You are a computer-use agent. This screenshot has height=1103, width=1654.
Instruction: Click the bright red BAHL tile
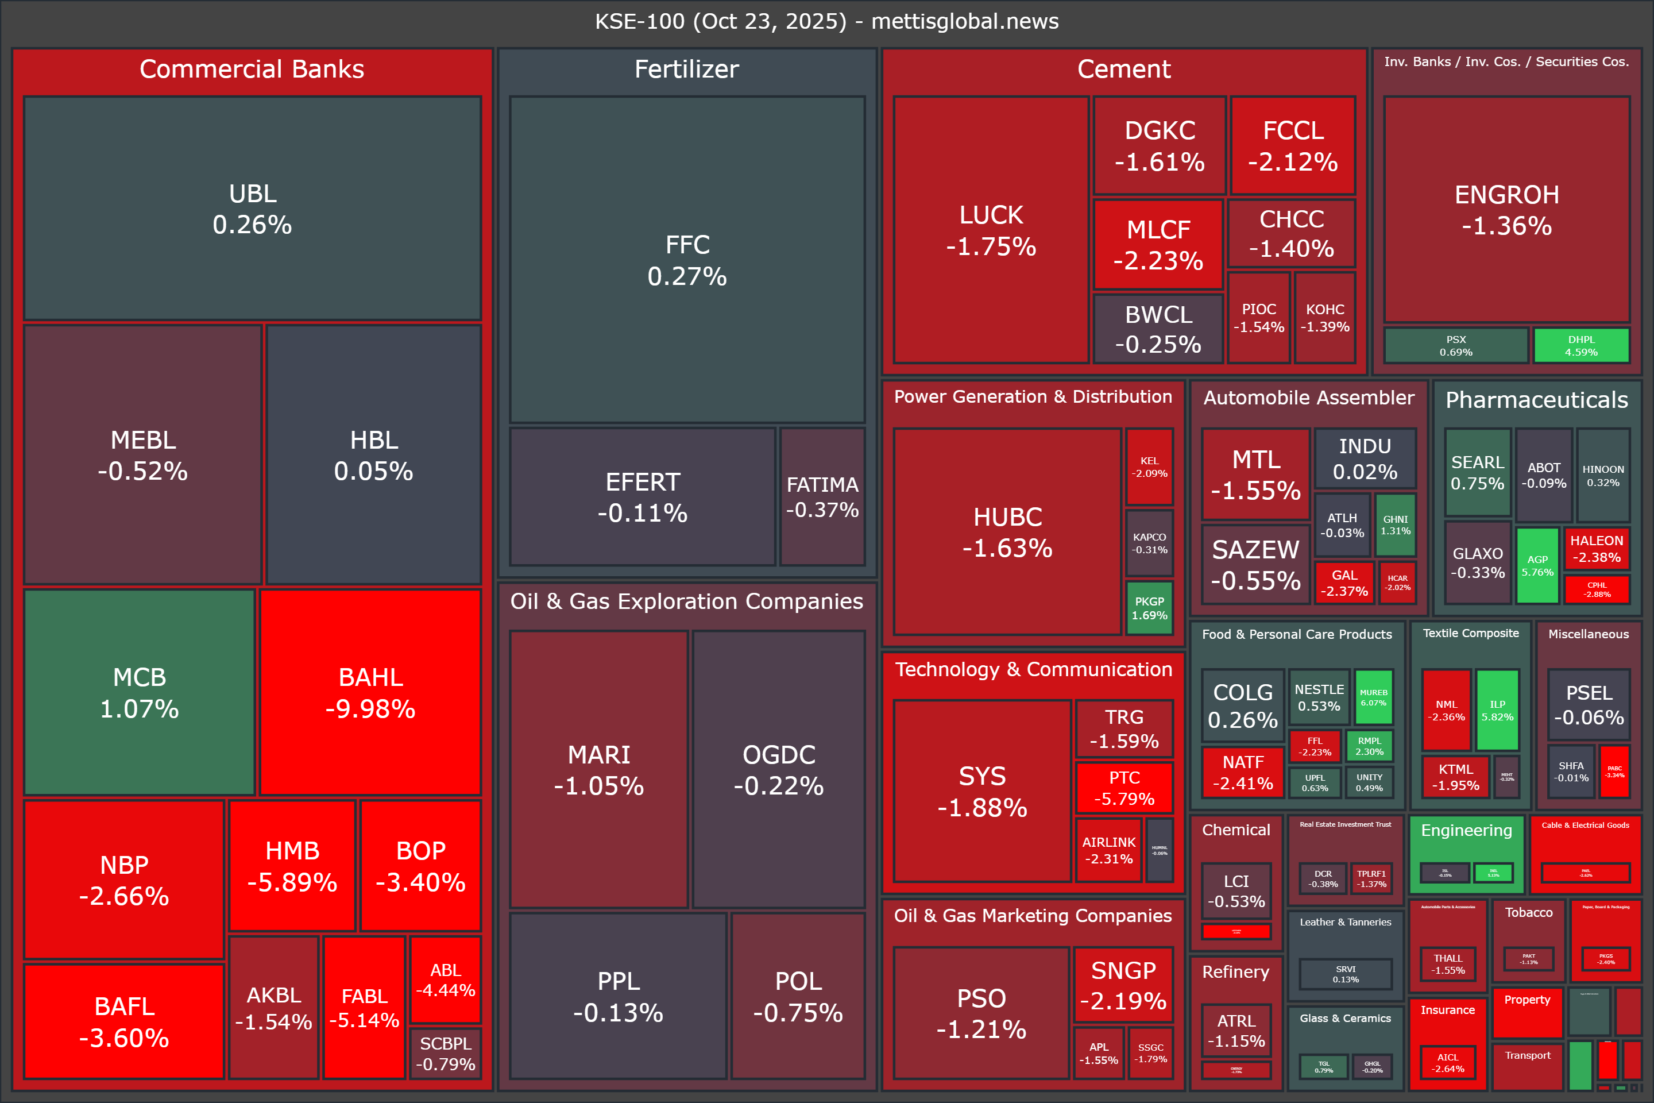[370, 692]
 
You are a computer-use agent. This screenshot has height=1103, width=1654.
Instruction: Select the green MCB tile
[139, 692]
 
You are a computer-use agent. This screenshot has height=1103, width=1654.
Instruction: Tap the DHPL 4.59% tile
[1581, 345]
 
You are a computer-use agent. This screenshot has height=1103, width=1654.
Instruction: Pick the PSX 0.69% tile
[1456, 345]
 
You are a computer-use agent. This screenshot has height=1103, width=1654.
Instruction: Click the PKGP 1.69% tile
[1149, 608]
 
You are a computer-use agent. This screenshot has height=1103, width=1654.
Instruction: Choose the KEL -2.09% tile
[1149, 466]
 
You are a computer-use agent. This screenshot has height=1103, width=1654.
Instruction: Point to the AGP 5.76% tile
[1537, 565]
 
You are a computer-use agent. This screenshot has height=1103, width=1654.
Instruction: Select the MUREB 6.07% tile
[1373, 697]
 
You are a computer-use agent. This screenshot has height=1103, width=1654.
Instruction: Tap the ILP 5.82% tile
[1497, 710]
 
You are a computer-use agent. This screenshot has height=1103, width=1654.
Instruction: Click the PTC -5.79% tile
[1124, 788]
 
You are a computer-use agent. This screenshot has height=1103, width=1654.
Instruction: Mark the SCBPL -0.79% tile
[445, 1053]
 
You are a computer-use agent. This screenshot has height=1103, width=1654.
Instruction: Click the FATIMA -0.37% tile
[822, 496]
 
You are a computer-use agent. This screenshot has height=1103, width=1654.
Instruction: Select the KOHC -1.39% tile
[1325, 318]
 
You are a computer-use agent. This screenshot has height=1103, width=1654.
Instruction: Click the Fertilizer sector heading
[686, 69]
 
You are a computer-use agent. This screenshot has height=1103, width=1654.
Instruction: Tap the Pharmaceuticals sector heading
[1537, 400]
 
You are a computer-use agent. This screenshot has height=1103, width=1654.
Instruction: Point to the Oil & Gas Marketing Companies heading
[1033, 915]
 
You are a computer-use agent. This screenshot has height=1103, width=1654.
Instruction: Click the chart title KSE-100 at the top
[826, 21]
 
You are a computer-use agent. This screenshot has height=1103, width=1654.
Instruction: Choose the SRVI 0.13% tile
[1345, 974]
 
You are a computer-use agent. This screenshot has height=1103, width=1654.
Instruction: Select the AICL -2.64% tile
[1447, 1062]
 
